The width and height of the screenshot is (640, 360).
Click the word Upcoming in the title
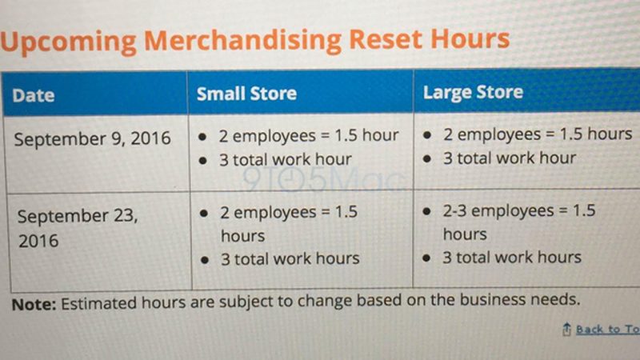coord(68,42)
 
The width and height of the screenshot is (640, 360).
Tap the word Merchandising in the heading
coord(243,42)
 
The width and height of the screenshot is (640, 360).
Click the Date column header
coord(34,95)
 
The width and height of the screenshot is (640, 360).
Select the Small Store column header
coord(246,94)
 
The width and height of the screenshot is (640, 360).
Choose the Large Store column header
coord(473,92)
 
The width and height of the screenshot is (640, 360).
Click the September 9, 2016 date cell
coord(92,138)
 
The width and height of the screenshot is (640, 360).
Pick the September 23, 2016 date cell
coord(78,228)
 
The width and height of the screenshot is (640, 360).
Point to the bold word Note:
coord(34,305)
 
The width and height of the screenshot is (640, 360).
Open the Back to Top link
coord(608,329)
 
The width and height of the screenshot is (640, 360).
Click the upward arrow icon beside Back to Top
coord(566,329)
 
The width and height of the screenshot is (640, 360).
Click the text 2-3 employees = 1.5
coord(519,210)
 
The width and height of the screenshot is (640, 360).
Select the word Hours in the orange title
coord(470,38)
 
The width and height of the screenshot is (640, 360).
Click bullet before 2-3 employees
coord(427,212)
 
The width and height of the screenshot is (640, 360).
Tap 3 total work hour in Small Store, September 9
coord(286,159)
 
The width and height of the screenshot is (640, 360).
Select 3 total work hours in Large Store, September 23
coord(512,258)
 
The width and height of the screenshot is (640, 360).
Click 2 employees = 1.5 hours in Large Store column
coord(538,134)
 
